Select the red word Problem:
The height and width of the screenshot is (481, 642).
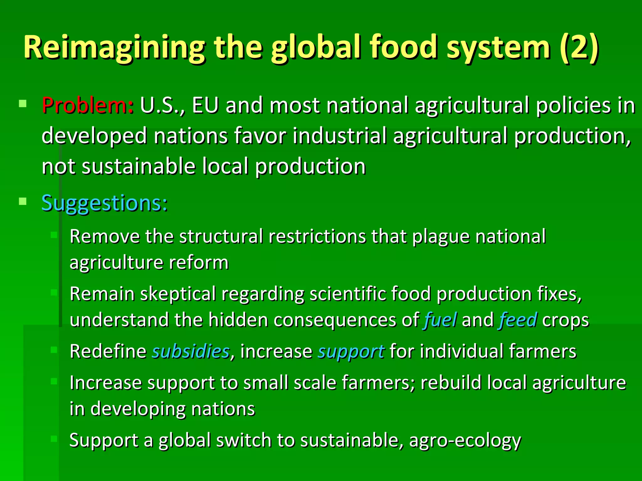[x=88, y=105]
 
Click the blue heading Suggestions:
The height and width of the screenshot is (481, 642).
[x=105, y=204]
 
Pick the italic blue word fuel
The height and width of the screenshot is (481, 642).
[x=440, y=320]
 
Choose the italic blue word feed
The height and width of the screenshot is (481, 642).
[x=518, y=320]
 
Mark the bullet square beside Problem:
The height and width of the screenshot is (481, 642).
[x=23, y=104]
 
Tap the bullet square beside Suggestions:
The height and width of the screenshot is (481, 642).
[x=23, y=201]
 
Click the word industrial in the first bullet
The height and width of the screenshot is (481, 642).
[x=339, y=136]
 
